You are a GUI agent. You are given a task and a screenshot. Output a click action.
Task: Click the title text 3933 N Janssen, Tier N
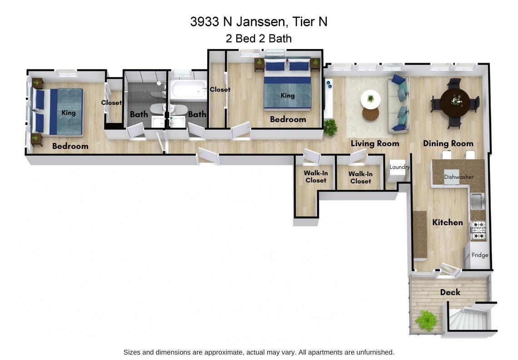click(x=259, y=22)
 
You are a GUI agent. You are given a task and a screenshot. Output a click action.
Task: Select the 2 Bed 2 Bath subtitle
click(x=259, y=39)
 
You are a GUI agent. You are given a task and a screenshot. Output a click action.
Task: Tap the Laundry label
click(x=399, y=167)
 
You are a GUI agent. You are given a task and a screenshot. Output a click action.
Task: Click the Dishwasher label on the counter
click(x=458, y=177)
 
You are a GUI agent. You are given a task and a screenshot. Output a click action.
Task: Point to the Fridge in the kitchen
click(x=479, y=255)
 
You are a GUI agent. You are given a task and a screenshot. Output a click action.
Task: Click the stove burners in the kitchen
click(x=478, y=230)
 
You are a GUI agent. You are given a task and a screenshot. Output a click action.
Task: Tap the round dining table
click(x=455, y=100)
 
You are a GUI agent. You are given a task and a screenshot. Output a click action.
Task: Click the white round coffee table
click(x=370, y=99)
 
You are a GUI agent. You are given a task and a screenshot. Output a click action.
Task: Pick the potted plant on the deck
click(x=426, y=320)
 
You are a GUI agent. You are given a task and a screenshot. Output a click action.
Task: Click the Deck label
click(x=450, y=292)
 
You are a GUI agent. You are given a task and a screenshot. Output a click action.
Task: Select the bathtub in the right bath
click(x=188, y=89)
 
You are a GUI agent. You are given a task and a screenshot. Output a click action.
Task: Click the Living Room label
click(x=375, y=143)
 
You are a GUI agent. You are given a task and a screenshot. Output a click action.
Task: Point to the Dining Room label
click(x=448, y=143)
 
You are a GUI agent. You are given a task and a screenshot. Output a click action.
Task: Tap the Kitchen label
click(x=447, y=222)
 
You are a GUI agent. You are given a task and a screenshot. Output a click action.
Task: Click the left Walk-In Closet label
click(x=316, y=177)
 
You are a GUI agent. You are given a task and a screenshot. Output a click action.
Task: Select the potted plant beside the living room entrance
click(x=330, y=128)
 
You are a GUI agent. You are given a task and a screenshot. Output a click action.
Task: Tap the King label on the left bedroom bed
click(x=68, y=113)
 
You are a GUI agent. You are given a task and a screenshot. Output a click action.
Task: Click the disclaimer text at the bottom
click(x=259, y=352)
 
